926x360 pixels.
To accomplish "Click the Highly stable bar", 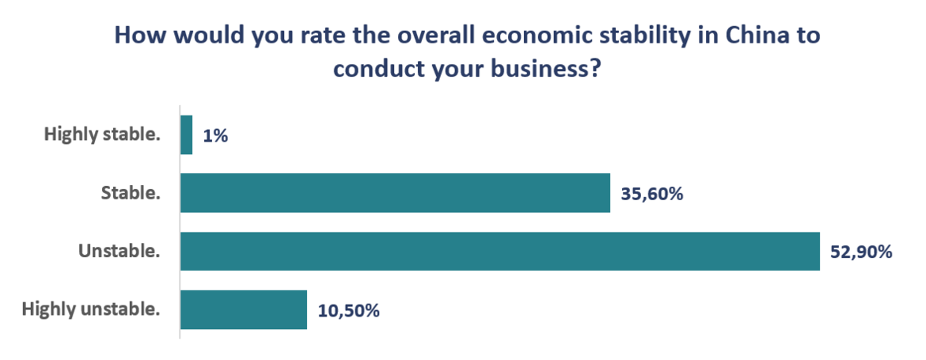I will pos(187,135).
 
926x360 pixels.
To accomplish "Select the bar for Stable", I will pos(395,193).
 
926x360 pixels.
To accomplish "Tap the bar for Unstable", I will pos(499,252).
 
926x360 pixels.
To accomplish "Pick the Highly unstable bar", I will pos(243,309).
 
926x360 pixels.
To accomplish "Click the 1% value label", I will pos(215,136).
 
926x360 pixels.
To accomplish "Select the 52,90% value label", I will pos(862,252).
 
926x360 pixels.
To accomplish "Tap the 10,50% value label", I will pos(349,310).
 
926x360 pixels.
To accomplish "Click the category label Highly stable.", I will pos(102,135).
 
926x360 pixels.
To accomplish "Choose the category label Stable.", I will pos(130,194).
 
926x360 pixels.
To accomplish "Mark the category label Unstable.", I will pos(119,252).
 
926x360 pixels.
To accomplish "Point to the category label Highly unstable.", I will pos(91,309).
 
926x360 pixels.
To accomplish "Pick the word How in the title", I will pos(140,36).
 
